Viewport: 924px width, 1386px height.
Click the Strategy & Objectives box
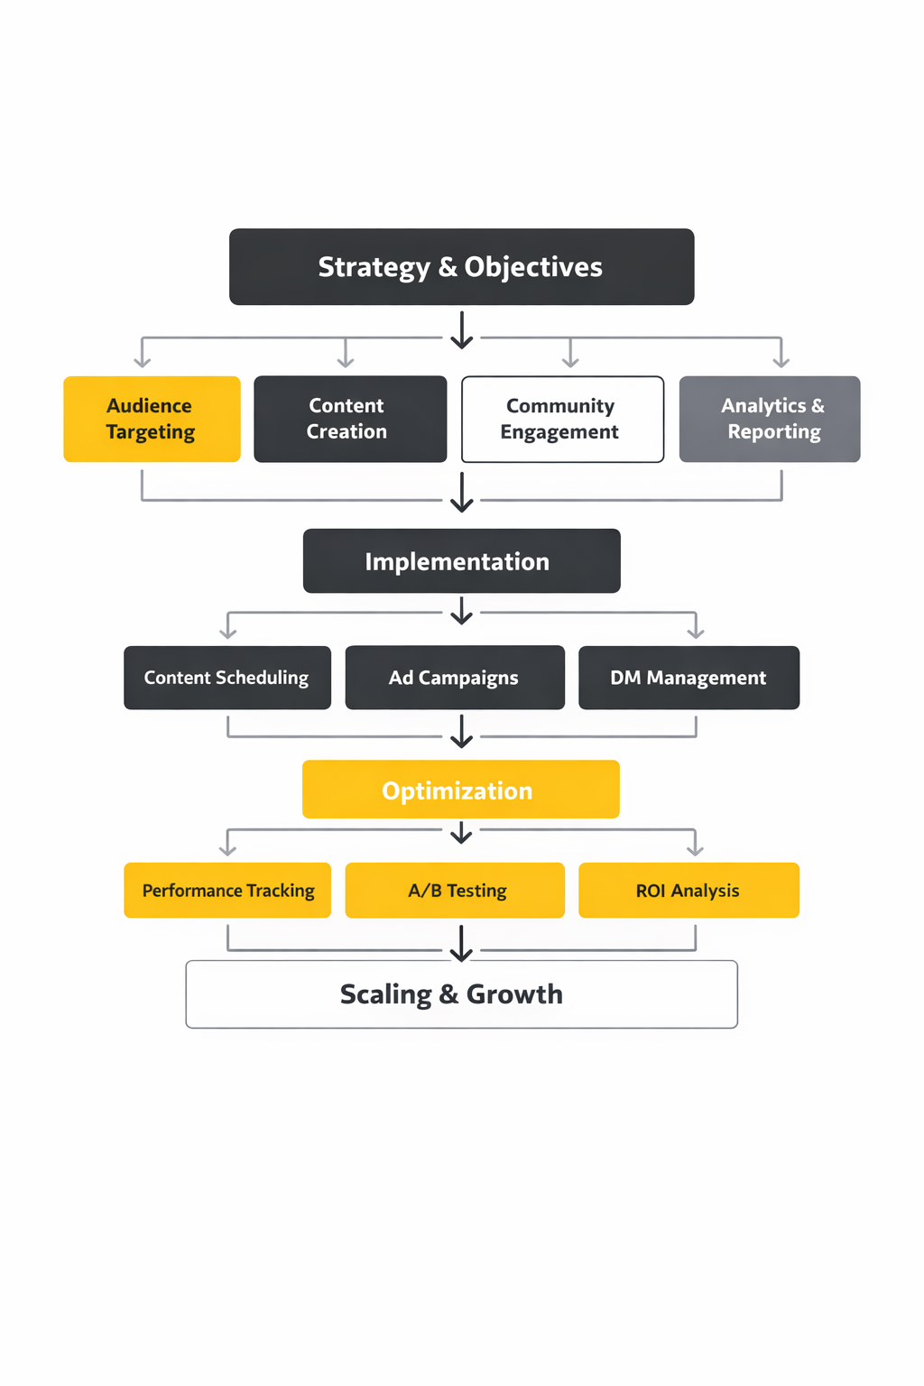pyautogui.click(x=461, y=267)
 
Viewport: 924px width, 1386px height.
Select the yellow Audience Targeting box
pyautogui.click(x=152, y=419)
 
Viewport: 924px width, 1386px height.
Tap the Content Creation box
pyautogui.click(x=350, y=419)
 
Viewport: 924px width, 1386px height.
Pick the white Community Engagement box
pyautogui.click(x=562, y=419)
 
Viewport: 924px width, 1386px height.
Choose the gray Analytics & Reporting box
pyautogui.click(x=770, y=419)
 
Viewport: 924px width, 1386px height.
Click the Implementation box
pyautogui.click(x=461, y=561)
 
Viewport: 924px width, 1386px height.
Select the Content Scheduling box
pyautogui.click(x=227, y=678)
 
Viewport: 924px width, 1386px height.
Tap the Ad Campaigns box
pyautogui.click(x=455, y=678)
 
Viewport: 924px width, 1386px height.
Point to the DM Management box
pyautogui.click(x=688, y=678)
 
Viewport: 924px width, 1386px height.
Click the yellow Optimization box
pyautogui.click(x=460, y=790)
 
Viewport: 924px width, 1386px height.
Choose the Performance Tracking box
pyautogui.click(x=227, y=891)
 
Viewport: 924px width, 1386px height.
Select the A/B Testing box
pyautogui.click(x=455, y=891)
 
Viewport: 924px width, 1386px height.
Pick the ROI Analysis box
pyautogui.click(x=688, y=891)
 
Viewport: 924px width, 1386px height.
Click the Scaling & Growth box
pyautogui.click(x=461, y=994)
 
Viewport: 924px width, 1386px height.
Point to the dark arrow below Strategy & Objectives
pyautogui.click(x=462, y=331)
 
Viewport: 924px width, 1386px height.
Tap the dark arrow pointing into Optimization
pyautogui.click(x=462, y=732)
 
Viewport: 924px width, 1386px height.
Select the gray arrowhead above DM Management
pyautogui.click(x=695, y=631)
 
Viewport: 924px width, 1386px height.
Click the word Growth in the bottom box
pyautogui.click(x=514, y=994)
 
